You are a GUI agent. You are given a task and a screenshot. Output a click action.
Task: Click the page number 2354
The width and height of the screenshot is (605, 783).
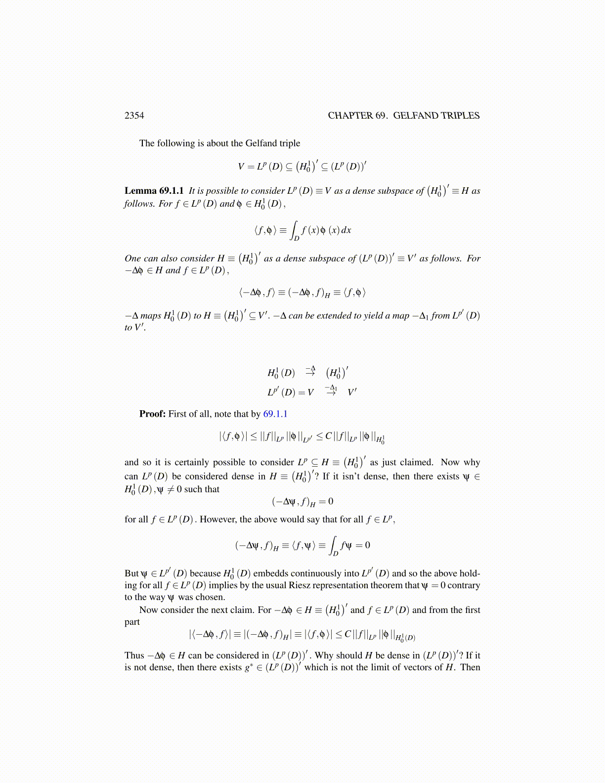point(134,116)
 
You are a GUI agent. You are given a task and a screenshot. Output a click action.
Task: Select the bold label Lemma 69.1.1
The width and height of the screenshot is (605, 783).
point(154,191)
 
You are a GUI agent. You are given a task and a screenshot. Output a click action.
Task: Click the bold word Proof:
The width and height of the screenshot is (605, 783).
point(152,414)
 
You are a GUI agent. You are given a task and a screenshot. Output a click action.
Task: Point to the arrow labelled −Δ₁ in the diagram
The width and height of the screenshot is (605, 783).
point(331,391)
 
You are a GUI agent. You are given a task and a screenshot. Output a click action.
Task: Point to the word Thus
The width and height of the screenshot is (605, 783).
point(134,655)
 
